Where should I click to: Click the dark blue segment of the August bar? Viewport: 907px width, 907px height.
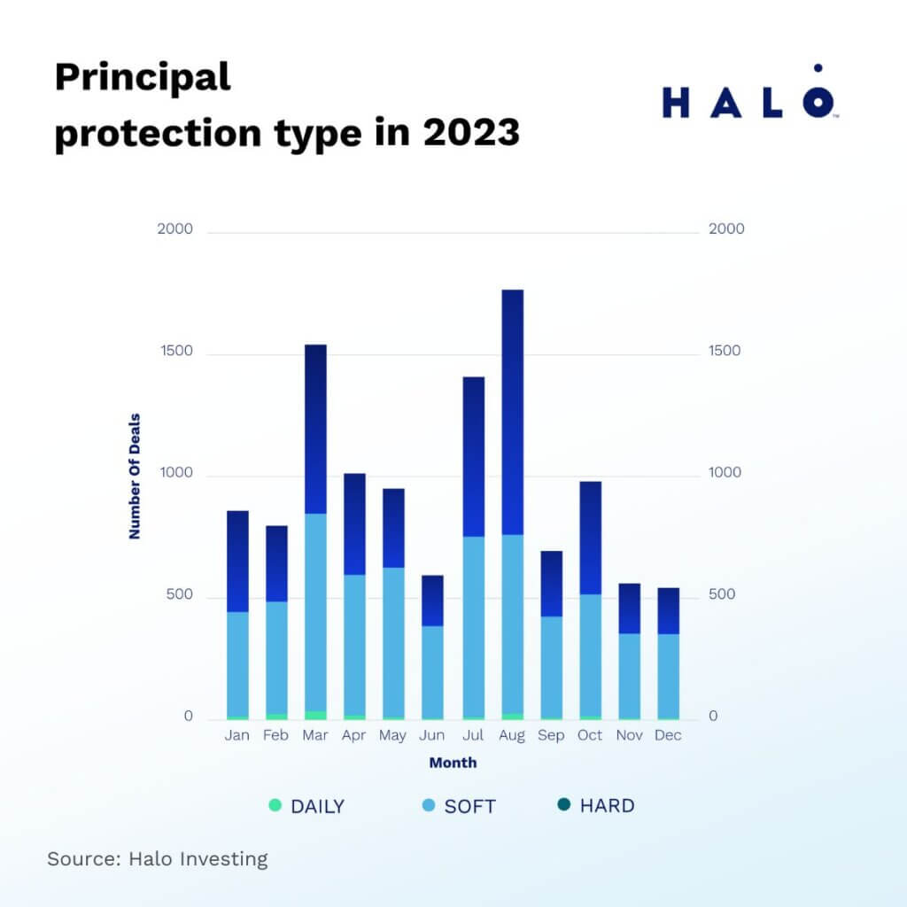[512, 412]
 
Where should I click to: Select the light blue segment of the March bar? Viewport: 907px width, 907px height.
[315, 612]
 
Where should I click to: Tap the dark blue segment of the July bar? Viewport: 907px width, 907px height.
[473, 456]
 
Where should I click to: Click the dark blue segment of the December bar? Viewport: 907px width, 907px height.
[669, 610]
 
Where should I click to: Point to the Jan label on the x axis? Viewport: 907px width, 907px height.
[236, 735]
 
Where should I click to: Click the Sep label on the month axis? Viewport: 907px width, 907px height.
[551, 735]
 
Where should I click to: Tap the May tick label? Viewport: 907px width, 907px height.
[393, 735]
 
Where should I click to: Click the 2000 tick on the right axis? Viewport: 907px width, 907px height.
[726, 229]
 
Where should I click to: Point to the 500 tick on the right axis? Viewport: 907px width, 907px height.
[723, 594]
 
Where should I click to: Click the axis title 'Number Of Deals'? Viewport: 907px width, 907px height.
[135, 476]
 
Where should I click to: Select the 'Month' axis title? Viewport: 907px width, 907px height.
[453, 763]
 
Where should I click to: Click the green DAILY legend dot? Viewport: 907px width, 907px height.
[275, 806]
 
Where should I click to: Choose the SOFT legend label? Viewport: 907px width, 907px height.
[469, 807]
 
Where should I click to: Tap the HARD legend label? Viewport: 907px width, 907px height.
[607, 806]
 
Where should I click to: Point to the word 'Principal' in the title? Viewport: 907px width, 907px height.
[143, 78]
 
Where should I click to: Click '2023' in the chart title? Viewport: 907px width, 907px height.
[470, 133]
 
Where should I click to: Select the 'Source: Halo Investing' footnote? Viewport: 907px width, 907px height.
[158, 858]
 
